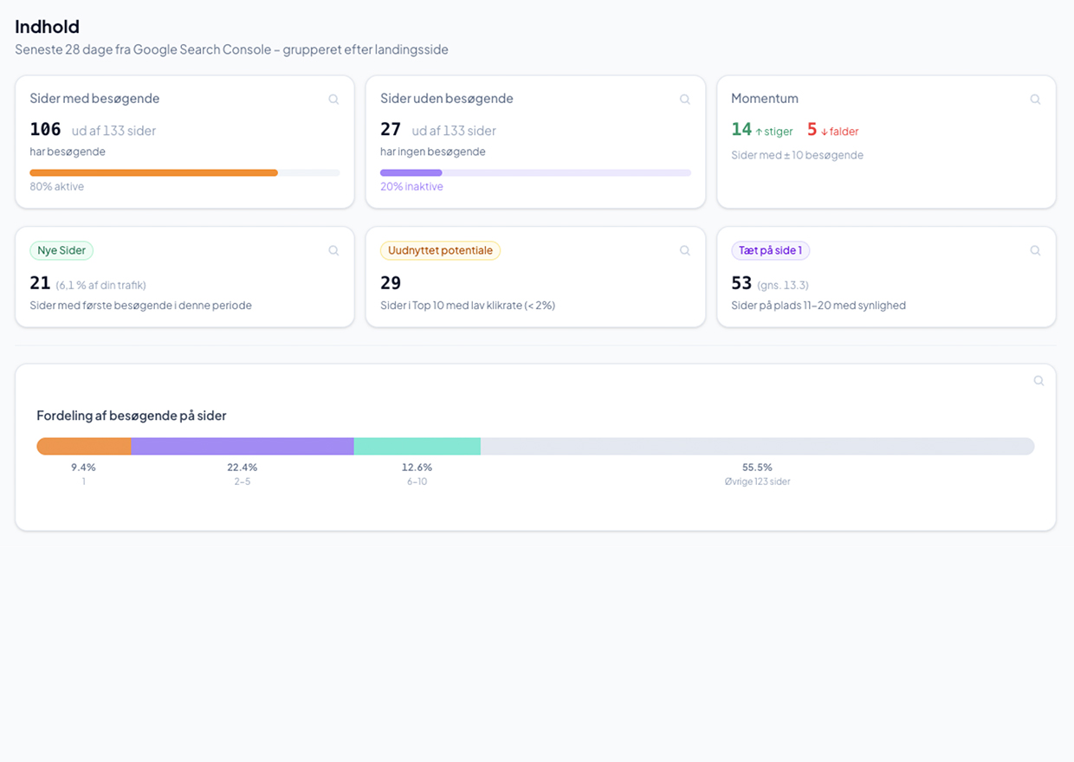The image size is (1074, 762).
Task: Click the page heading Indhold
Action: click(47, 27)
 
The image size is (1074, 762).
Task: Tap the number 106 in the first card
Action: click(45, 130)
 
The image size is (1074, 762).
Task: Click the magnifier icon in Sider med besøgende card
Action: click(333, 100)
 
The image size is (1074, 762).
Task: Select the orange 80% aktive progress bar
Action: click(153, 173)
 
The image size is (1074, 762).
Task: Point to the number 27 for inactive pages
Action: click(391, 130)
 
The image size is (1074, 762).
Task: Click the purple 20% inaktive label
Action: click(411, 187)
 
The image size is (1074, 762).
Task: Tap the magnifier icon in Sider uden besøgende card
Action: click(684, 100)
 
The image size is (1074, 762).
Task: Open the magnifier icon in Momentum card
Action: click(1035, 100)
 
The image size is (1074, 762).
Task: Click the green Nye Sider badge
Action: click(61, 251)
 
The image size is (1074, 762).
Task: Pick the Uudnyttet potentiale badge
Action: click(440, 251)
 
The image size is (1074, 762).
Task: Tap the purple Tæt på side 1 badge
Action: click(770, 251)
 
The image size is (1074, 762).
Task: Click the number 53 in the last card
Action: click(741, 283)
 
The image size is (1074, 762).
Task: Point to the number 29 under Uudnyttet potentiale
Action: click(391, 283)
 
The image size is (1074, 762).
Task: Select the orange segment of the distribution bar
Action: click(84, 447)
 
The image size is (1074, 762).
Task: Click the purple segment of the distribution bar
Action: click(243, 447)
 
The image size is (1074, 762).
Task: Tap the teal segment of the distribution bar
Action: click(417, 447)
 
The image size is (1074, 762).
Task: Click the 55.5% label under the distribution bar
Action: click(757, 468)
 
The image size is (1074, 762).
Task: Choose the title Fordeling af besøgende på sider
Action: click(132, 416)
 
